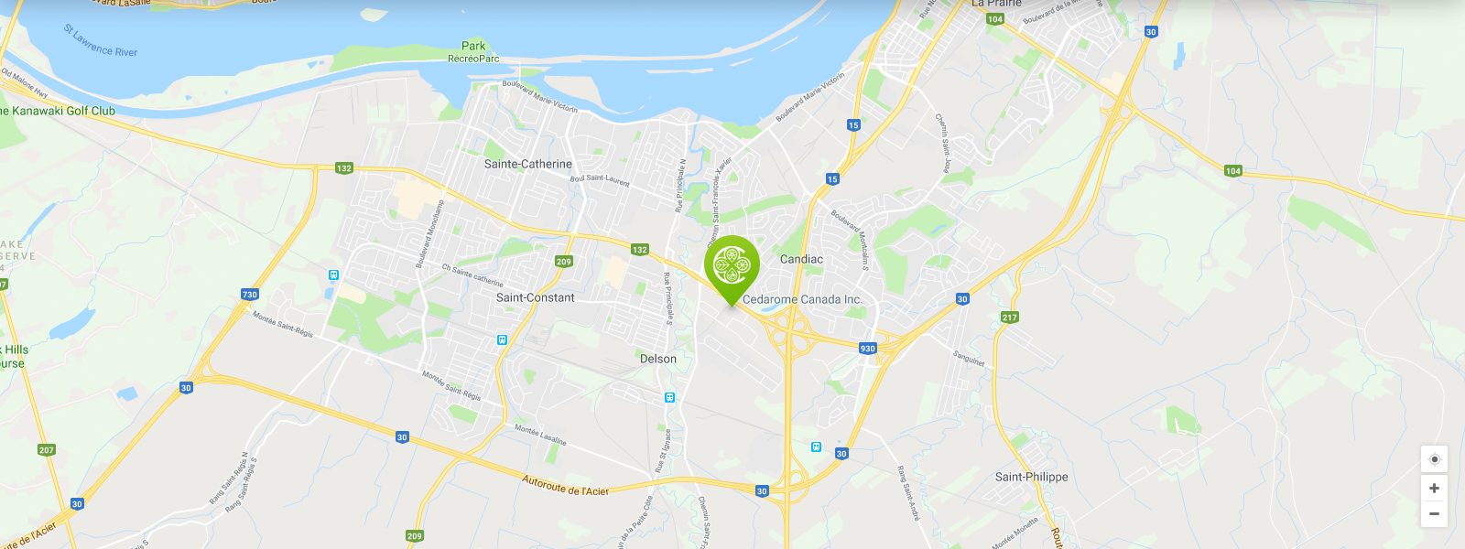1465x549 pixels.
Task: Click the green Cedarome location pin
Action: (x=732, y=265)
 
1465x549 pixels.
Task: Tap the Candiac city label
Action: (x=801, y=259)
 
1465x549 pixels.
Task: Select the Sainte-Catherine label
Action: (x=527, y=164)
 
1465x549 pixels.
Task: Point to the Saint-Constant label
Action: (x=535, y=297)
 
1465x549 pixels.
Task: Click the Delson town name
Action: (x=658, y=359)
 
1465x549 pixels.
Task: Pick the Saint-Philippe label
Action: (x=1031, y=477)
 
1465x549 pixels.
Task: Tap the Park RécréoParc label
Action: (x=473, y=52)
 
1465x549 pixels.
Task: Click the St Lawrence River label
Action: (x=101, y=41)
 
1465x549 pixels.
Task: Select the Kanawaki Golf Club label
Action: (x=60, y=111)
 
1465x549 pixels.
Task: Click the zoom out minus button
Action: (x=1434, y=513)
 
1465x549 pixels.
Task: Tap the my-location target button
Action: (x=1434, y=459)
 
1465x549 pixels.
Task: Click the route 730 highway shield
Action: (x=250, y=295)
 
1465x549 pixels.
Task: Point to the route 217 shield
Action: (x=1009, y=318)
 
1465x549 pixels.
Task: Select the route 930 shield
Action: (x=867, y=349)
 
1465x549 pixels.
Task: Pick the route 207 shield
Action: (x=47, y=450)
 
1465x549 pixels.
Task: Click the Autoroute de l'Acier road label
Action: (x=565, y=485)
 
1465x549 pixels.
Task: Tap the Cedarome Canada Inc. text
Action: (x=802, y=299)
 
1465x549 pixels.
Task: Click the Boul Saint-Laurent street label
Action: (x=600, y=180)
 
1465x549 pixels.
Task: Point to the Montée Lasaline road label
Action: (x=540, y=435)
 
